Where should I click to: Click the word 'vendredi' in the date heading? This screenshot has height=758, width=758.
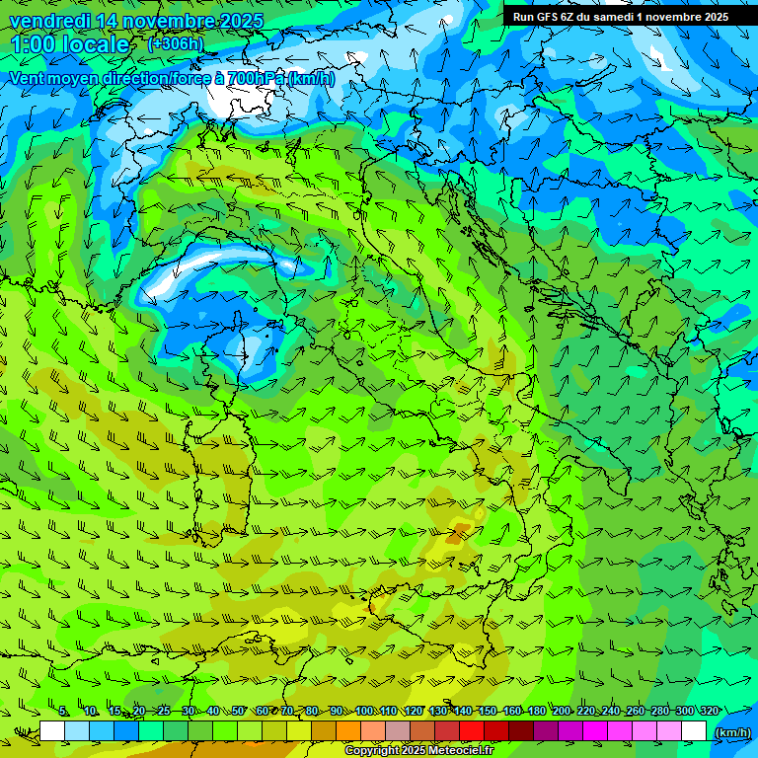point(45,21)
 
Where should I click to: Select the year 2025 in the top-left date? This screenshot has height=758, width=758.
point(239,21)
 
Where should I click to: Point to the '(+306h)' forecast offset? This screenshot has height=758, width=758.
point(176,43)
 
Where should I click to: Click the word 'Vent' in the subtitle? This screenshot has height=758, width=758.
point(29,78)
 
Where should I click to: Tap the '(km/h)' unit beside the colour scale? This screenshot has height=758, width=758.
point(732,732)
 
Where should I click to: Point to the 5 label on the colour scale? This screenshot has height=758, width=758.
point(63,711)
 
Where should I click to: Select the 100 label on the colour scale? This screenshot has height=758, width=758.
point(364,711)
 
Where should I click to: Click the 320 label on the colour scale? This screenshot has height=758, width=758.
point(708,711)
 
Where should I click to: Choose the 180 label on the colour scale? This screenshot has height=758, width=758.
point(536,711)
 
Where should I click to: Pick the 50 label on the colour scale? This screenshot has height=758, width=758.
point(238,711)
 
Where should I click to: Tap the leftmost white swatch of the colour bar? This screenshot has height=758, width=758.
point(52,731)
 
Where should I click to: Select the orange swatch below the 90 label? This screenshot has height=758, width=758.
point(348,731)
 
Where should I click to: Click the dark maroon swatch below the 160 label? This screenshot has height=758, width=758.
point(521,731)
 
